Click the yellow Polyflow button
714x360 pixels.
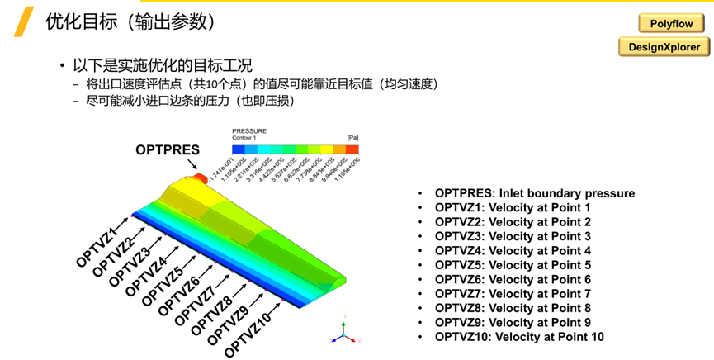tap(664, 25)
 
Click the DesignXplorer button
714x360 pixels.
tap(664, 47)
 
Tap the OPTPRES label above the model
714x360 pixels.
tap(168, 149)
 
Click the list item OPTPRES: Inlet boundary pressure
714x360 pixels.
tap(535, 193)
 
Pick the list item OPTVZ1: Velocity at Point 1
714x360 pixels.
tap(513, 208)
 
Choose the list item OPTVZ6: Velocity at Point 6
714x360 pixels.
tap(513, 279)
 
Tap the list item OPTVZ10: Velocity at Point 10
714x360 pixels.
tap(519, 337)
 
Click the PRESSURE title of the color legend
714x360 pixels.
tap(249, 130)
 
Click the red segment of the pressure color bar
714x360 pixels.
tap(352, 149)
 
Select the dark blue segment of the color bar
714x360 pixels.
tap(239, 149)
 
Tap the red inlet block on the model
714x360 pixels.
tap(198, 178)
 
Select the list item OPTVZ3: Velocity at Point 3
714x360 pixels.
tap(513, 236)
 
